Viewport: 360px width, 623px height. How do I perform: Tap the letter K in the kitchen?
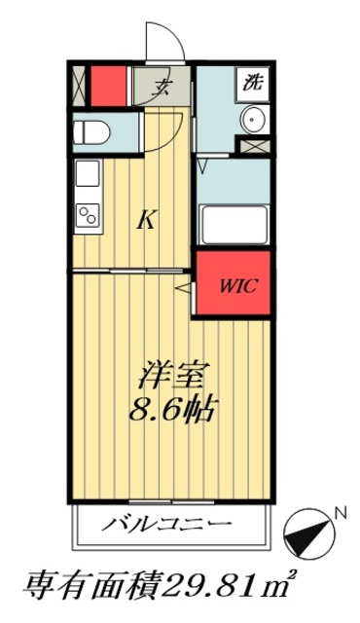145,220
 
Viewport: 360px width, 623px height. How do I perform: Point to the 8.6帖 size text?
167,407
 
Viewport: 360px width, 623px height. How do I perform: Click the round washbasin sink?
255,123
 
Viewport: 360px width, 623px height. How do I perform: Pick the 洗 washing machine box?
253,83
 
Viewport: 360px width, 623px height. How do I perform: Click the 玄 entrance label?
162,85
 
